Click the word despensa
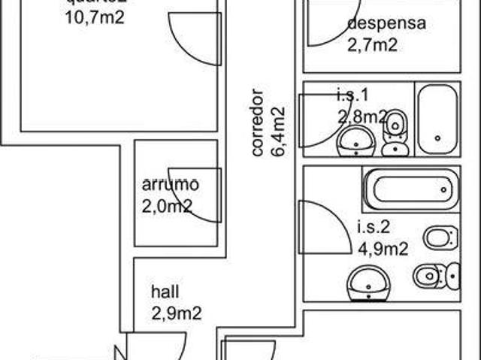click(x=386, y=23)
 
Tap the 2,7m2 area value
click(x=372, y=45)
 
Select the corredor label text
click(x=257, y=123)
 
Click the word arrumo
click(x=170, y=183)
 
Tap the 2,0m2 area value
click(x=167, y=206)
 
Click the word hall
click(x=165, y=292)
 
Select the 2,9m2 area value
click(x=176, y=314)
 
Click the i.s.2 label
click(x=372, y=225)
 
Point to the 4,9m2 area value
click(x=383, y=249)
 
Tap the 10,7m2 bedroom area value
click(x=94, y=17)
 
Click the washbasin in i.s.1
click(x=355, y=141)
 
